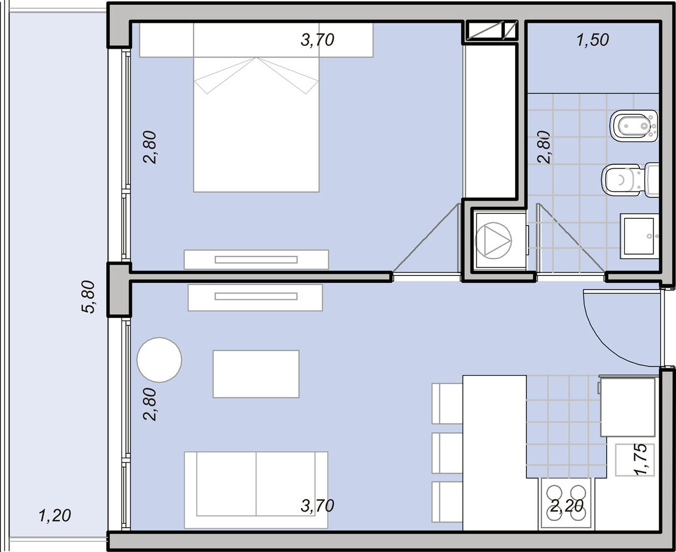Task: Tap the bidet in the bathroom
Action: point(634,126)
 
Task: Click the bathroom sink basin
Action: point(639,236)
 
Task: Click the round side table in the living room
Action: point(159,360)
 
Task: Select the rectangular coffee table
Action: point(256,374)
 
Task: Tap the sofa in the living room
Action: point(256,489)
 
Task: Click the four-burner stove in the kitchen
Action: point(566,503)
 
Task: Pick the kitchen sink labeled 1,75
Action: point(635,460)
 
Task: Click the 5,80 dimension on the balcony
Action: point(88,296)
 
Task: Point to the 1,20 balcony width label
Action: point(55,516)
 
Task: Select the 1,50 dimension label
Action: point(593,40)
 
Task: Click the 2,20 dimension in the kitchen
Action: point(566,506)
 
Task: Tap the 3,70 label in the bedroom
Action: point(318,40)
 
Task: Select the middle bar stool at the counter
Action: point(447,453)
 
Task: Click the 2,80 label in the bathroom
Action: point(544,147)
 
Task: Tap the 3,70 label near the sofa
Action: point(318,506)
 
